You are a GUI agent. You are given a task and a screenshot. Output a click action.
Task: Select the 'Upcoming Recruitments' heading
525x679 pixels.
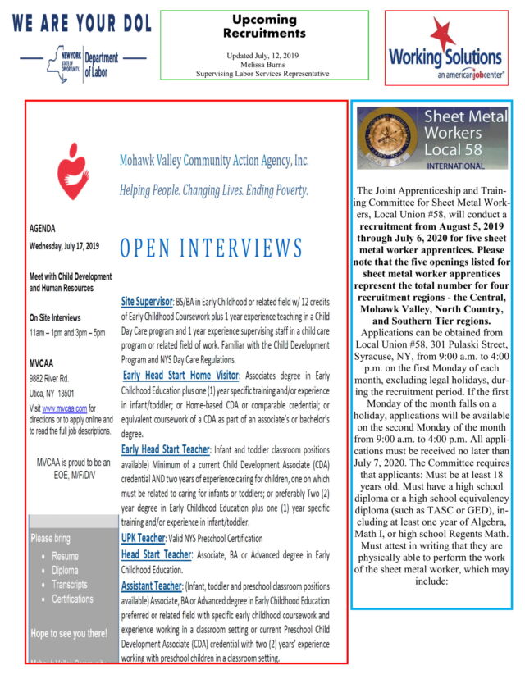[264, 26]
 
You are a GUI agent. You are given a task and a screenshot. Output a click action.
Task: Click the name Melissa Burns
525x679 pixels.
[263, 64]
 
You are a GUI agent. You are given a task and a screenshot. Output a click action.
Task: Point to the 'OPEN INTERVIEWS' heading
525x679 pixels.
[211, 248]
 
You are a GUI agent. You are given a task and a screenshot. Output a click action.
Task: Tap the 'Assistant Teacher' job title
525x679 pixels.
[152, 586]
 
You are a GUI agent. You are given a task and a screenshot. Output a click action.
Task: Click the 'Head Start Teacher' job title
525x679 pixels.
[157, 555]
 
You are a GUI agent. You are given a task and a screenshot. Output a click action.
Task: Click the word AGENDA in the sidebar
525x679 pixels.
[43, 230]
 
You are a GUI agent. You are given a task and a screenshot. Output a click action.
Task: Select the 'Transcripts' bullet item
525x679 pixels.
[69, 585]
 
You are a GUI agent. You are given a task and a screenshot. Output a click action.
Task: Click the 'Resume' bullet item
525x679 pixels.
[65, 556]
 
